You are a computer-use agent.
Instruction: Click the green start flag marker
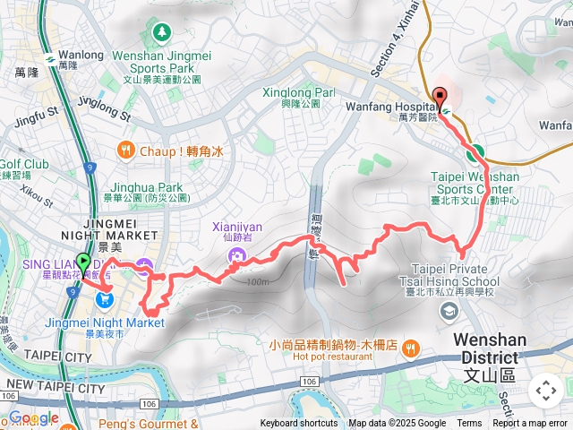(83, 263)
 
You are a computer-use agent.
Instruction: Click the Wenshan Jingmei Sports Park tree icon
(162, 33)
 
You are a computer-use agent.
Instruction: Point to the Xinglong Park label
(299, 92)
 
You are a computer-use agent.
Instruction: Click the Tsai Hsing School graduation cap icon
(448, 310)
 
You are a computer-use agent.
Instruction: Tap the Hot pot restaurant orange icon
(410, 347)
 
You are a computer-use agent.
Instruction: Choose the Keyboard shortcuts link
(299, 424)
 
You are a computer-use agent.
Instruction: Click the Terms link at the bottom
(469, 424)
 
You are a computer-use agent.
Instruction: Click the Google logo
(33, 418)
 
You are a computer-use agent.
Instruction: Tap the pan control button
(545, 391)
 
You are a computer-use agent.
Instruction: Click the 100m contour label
(255, 283)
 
